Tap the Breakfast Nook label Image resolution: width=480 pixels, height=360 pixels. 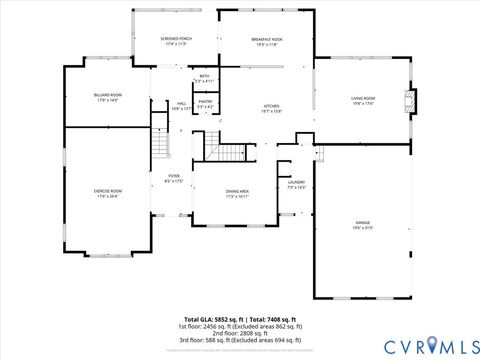tap(267, 41)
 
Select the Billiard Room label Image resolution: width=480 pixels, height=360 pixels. tap(107, 97)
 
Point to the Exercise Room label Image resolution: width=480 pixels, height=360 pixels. tap(107, 193)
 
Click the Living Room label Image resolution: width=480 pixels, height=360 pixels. tap(362, 100)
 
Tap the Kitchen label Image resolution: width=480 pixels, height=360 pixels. tap(271, 108)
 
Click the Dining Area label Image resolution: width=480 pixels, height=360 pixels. tap(237, 193)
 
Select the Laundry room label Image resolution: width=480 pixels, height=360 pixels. tap(296, 185)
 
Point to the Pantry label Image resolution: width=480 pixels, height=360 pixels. tap(205, 103)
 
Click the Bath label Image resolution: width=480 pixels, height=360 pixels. tap(204, 78)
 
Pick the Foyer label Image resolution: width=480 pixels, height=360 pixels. tap(174, 179)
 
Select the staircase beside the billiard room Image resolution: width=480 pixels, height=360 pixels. tap(160, 140)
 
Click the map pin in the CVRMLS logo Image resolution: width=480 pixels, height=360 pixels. tap(431, 344)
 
